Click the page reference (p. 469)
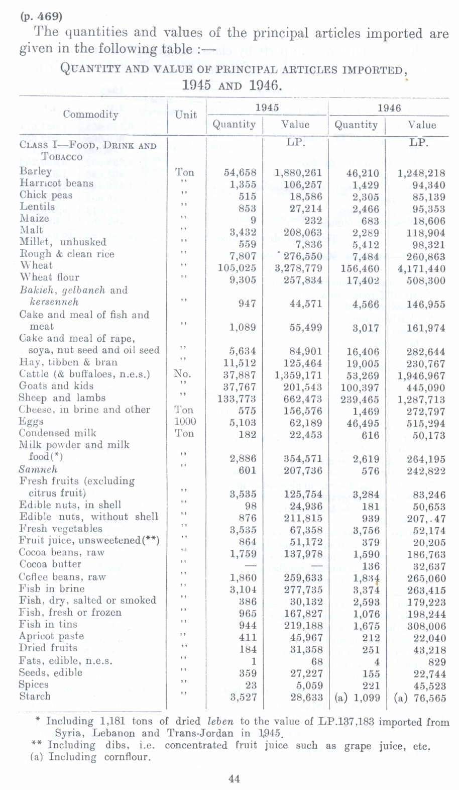(x=41, y=16)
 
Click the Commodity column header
(x=91, y=115)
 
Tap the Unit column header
(x=186, y=115)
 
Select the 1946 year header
(x=389, y=108)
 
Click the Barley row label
(x=36, y=171)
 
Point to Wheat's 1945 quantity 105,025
(x=237, y=268)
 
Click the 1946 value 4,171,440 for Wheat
(x=421, y=269)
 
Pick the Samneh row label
(x=38, y=469)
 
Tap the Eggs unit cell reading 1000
(x=185, y=422)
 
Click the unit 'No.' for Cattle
(x=183, y=374)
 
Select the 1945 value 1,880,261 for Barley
(x=298, y=173)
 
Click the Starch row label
(x=35, y=697)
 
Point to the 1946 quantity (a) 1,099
(x=357, y=698)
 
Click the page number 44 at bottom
(x=234, y=779)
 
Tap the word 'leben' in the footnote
(x=219, y=721)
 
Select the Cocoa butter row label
(x=50, y=564)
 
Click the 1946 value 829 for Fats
(x=437, y=662)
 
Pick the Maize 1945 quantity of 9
(x=253, y=220)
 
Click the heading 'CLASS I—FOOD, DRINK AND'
(x=88, y=146)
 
